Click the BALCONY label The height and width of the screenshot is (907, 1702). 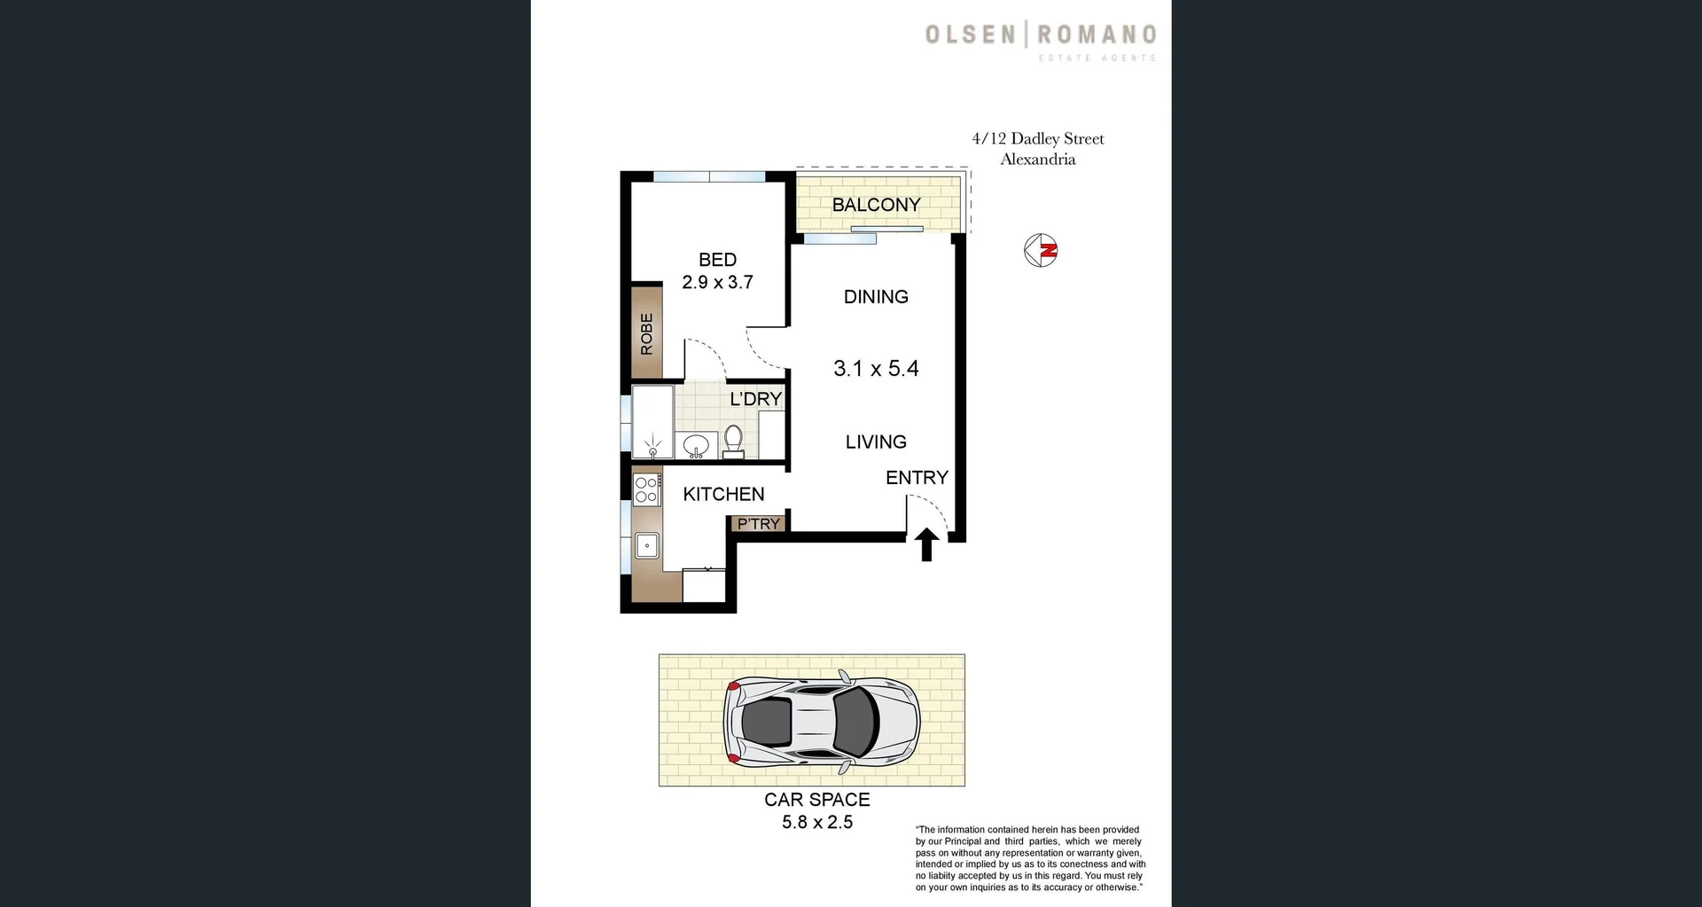coord(876,205)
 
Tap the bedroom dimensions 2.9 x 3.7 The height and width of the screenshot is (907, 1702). coord(717,283)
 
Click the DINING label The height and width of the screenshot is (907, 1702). coord(876,297)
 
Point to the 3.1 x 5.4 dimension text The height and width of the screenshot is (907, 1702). coord(876,369)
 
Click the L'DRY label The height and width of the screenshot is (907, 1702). coord(755,399)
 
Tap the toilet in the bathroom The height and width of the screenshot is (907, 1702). coord(733,440)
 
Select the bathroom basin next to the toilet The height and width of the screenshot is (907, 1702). coord(696,444)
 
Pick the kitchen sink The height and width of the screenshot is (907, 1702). coord(647,545)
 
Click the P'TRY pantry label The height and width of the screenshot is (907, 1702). coord(759,524)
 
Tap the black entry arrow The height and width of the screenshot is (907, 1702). coord(926,544)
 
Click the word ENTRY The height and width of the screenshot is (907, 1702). coord(917,478)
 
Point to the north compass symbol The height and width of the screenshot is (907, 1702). coord(1041,251)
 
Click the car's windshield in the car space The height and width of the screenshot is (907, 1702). coord(855,719)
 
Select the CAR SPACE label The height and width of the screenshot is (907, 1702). coord(817,800)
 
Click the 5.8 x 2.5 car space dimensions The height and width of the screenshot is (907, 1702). coord(817,823)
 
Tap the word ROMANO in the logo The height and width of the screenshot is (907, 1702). coord(1097,35)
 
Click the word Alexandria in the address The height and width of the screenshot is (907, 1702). coord(1038,160)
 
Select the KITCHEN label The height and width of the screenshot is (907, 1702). coord(723,495)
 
